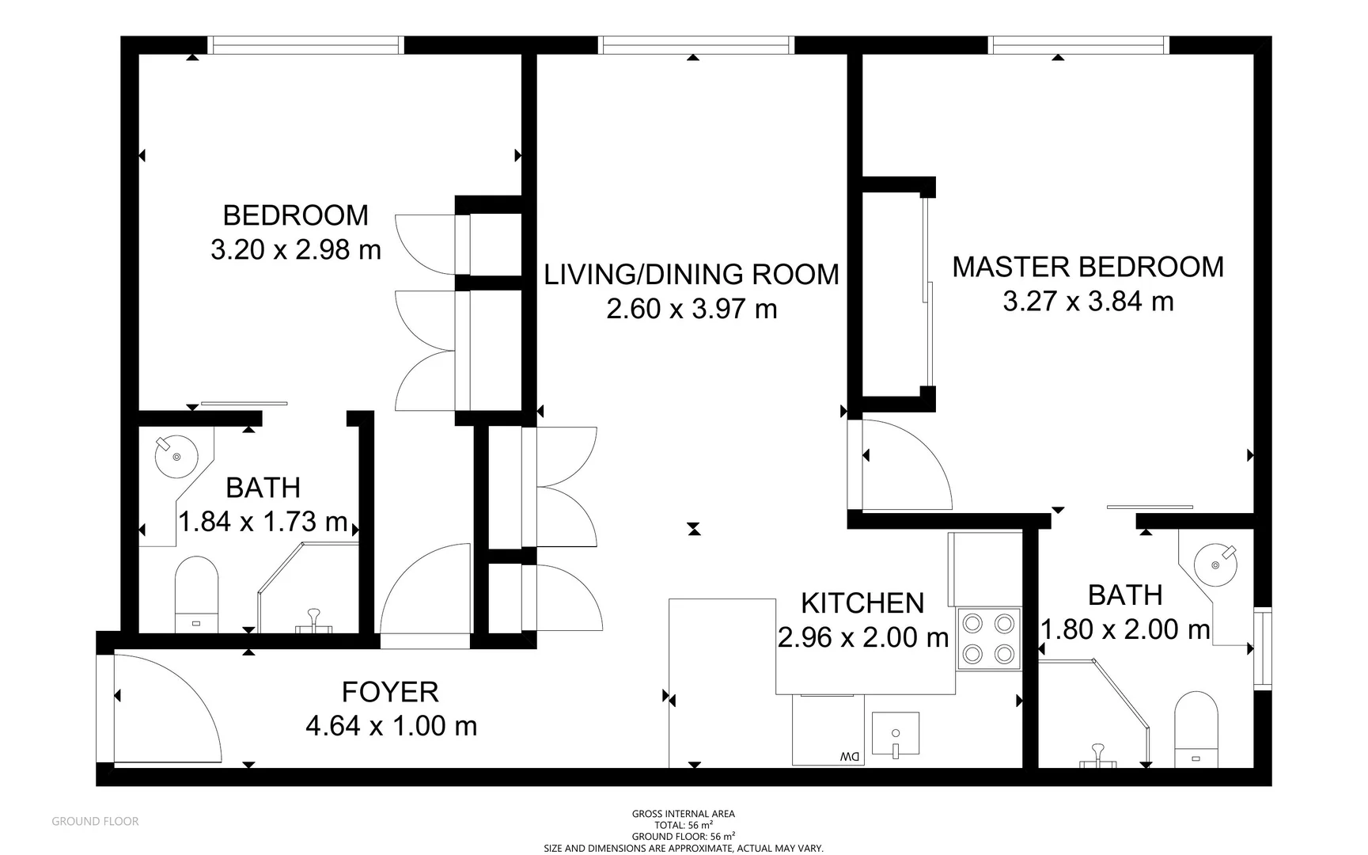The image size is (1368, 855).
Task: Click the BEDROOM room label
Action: click(295, 215)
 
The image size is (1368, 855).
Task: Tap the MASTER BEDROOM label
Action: click(1088, 267)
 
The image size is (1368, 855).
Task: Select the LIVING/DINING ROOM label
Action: click(692, 274)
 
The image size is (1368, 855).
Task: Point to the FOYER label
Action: click(390, 692)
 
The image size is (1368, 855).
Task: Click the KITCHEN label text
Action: click(862, 603)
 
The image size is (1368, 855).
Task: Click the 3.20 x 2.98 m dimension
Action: click(296, 250)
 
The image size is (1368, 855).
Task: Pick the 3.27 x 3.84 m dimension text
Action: click(1088, 302)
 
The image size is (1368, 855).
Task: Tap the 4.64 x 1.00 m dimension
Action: click(392, 726)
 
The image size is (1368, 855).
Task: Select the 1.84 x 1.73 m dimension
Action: click(263, 522)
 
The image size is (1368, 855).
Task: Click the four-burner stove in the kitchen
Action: click(988, 639)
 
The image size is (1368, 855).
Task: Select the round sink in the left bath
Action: click(176, 457)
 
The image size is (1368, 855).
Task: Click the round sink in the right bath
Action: click(1215, 564)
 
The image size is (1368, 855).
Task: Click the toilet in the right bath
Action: click(1196, 729)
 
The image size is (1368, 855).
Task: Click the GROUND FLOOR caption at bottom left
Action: click(95, 822)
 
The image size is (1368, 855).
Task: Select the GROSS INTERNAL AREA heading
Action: click(684, 814)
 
